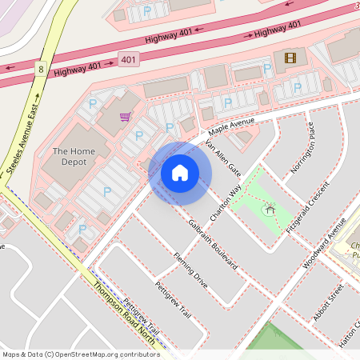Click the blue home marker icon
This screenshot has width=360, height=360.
(x=180, y=173)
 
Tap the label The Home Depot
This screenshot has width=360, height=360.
(x=74, y=156)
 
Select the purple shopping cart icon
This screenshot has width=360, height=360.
(x=126, y=117)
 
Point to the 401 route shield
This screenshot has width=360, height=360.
(x=128, y=60)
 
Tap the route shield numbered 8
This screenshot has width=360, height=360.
(x=40, y=70)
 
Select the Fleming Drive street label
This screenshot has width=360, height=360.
(x=190, y=270)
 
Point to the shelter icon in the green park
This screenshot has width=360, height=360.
(x=269, y=210)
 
